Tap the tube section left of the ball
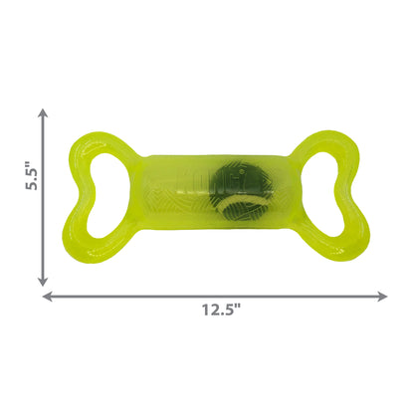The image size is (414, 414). pyautogui.click(x=174, y=183)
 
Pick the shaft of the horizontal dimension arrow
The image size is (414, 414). pyautogui.click(x=299, y=295)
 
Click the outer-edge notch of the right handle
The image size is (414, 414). pyautogui.click(x=351, y=183)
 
